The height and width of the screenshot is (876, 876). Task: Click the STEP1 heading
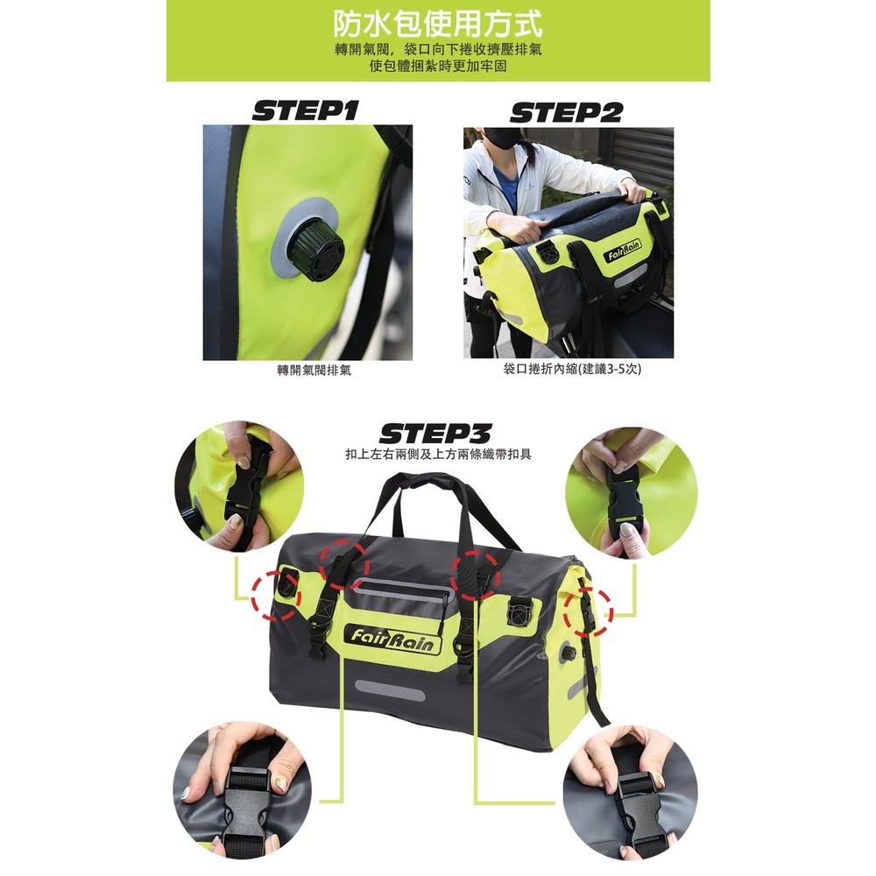(305, 110)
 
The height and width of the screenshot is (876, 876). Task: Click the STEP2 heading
(566, 112)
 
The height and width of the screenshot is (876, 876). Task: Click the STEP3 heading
(435, 434)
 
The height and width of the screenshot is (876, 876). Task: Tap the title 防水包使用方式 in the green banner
(438, 24)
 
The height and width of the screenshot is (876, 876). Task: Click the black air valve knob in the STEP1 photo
(310, 249)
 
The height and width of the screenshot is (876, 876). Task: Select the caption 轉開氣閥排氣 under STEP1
(314, 370)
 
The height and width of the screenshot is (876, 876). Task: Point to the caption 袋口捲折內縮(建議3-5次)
(572, 369)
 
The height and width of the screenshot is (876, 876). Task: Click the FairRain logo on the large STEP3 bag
(392, 639)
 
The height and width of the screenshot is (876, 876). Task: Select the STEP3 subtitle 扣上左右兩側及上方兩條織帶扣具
(438, 454)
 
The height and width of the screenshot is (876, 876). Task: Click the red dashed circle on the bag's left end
(275, 596)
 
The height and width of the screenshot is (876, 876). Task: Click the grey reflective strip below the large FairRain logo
(390, 690)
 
